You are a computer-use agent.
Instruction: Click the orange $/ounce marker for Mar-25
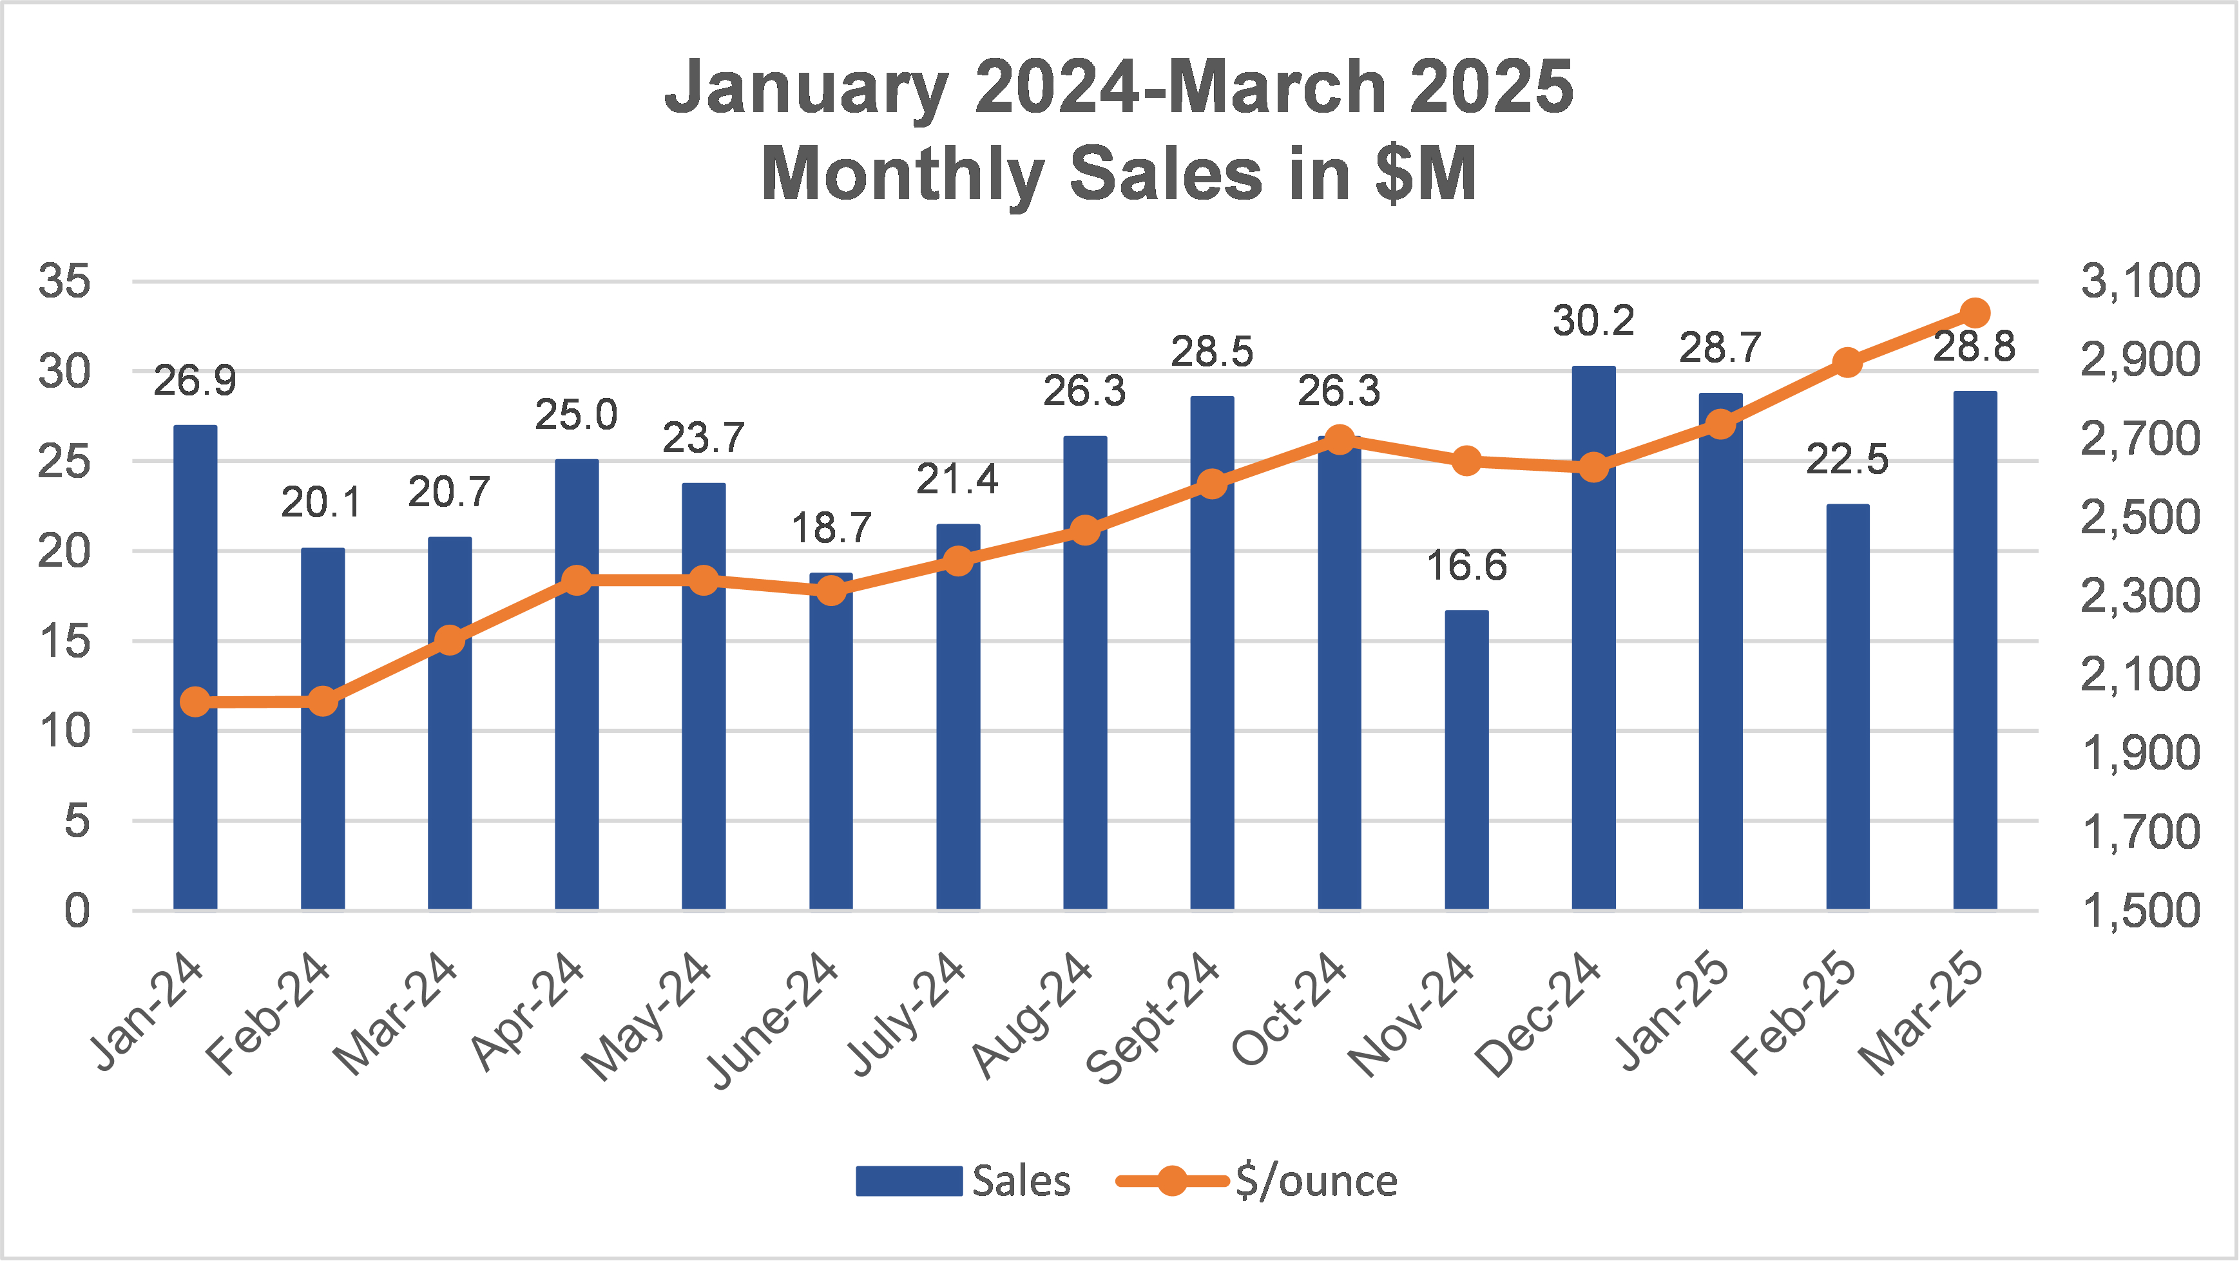1975,313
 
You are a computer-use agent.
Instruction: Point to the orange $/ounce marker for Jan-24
196,701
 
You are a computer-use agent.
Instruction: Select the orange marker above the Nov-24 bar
1466,460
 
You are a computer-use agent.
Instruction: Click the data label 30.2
1593,321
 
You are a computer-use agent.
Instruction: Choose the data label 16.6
1466,565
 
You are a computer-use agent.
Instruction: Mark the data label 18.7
831,528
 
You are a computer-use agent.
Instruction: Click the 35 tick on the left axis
64,281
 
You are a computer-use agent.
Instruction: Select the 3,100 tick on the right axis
2139,281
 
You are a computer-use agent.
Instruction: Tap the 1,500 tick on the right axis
2139,911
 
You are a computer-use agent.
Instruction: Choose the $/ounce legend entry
1258,1181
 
